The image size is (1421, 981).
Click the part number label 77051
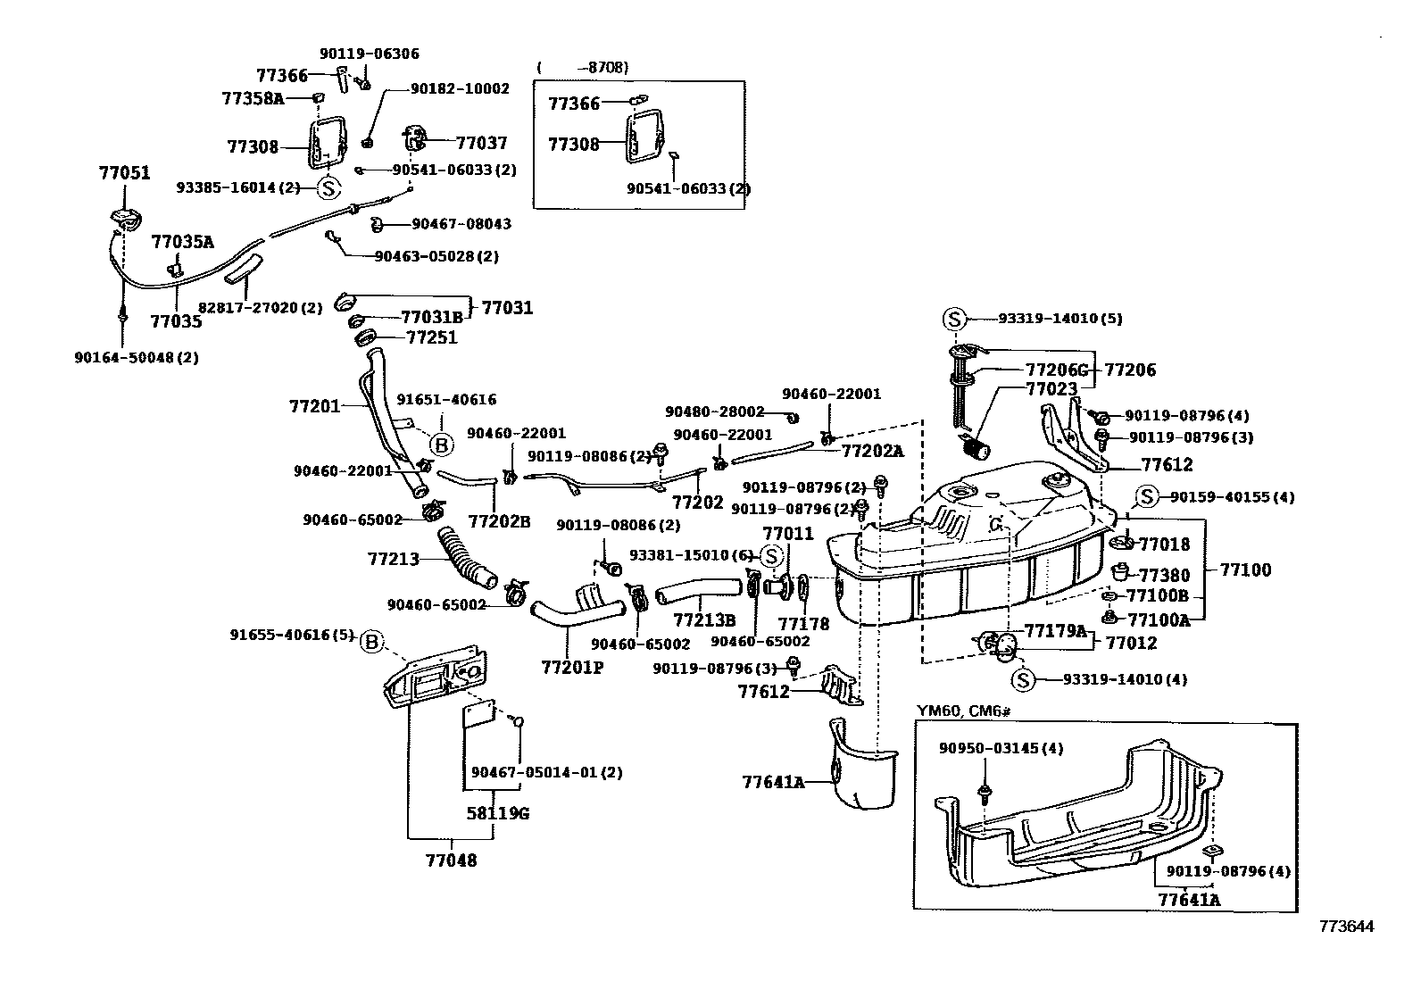tap(124, 173)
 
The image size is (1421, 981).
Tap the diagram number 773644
tap(1347, 926)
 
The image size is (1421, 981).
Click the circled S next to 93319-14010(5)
tap(953, 319)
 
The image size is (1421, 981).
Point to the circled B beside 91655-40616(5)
tap(372, 640)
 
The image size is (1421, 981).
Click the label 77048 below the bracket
tap(451, 860)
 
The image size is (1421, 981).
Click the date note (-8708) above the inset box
tap(583, 68)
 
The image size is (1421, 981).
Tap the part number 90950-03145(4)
tap(1001, 748)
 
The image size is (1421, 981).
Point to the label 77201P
tap(571, 667)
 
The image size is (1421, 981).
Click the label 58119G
tap(498, 813)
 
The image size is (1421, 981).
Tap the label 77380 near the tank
tap(1165, 576)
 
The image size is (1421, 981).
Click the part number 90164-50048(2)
tap(137, 358)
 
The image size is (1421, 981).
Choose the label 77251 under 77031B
tap(431, 337)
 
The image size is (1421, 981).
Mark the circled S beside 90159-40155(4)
tap(1146, 497)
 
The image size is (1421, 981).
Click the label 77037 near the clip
tap(481, 143)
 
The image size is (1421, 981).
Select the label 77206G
tap(1057, 370)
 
